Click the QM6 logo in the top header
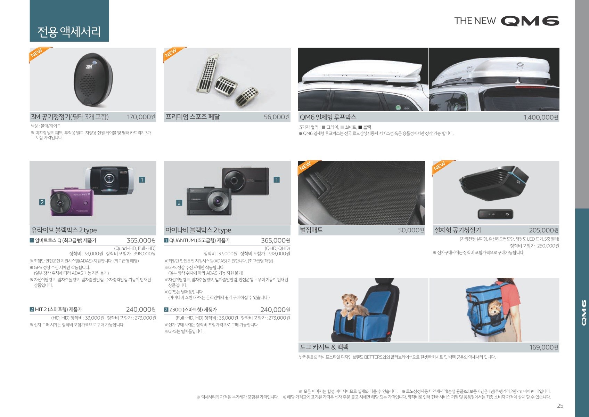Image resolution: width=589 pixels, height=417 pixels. coord(530,21)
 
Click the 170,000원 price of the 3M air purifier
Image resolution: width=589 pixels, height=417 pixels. coord(141,117)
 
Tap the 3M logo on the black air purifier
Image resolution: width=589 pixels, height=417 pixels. coord(89,66)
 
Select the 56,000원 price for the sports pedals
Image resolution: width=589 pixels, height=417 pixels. coord(277,117)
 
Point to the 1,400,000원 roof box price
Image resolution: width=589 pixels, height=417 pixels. coord(541,117)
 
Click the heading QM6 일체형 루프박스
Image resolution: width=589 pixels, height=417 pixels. coord(328,117)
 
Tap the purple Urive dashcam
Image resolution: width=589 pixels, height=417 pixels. coord(72,202)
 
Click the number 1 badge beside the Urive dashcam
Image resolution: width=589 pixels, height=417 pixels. coord(142,180)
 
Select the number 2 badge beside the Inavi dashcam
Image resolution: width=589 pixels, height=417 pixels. coord(179,202)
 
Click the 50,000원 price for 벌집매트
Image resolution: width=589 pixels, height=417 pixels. coord(411,230)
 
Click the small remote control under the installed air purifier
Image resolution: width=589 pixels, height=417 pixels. coord(496,214)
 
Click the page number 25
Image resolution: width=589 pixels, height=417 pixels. coord(560,406)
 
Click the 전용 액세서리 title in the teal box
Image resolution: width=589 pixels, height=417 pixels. coord(69,32)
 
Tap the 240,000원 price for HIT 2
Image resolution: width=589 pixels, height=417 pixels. coord(141,310)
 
